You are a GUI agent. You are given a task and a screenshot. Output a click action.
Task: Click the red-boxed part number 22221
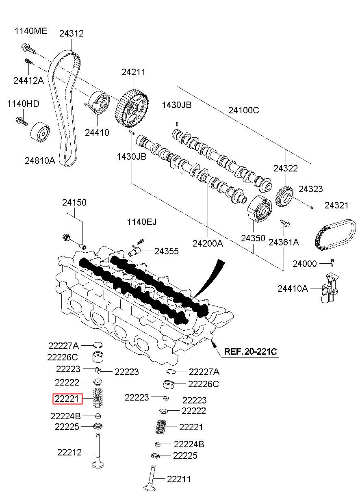(67, 399)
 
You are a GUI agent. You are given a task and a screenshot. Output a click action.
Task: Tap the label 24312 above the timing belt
(72, 34)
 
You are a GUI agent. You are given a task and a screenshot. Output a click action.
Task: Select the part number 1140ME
(31, 31)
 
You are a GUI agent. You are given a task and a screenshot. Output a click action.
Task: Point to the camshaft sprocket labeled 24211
(132, 109)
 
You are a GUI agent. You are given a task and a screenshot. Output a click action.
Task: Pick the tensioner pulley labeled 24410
(97, 102)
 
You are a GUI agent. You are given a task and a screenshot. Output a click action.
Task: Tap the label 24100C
(243, 110)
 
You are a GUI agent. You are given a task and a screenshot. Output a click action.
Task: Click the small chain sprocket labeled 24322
(284, 197)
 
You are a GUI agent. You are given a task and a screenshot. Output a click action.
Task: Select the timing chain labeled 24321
(335, 235)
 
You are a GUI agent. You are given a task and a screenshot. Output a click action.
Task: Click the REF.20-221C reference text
(250, 352)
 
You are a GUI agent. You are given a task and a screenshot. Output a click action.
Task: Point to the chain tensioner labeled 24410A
(330, 288)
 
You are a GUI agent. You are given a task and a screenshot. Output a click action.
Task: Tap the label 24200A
(208, 243)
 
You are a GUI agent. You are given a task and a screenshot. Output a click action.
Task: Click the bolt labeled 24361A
(285, 223)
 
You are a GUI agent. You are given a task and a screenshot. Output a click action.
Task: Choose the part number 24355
(167, 251)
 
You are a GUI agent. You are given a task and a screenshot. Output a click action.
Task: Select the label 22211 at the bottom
(179, 479)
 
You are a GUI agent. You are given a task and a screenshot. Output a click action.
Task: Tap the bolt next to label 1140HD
(22, 121)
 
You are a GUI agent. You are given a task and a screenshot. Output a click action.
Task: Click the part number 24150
(74, 202)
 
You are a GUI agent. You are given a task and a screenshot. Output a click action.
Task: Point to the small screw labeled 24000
(332, 263)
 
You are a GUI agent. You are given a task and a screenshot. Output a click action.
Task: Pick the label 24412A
(28, 80)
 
